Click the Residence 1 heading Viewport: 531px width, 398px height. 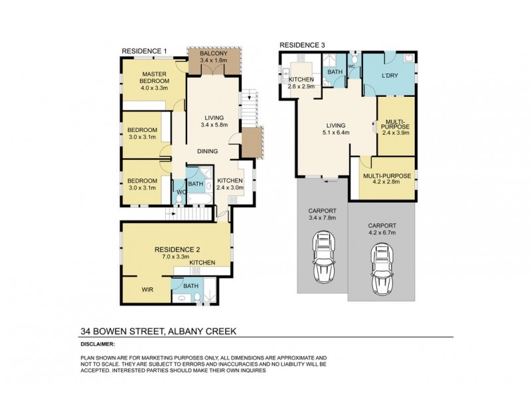point(144,51)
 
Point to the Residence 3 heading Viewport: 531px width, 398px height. point(302,45)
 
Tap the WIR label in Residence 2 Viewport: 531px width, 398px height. point(147,289)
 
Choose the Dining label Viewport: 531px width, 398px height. point(207,151)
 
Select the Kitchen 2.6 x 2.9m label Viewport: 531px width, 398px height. point(301,83)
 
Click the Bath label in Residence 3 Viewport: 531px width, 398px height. point(334,71)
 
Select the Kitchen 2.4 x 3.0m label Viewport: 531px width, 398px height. point(230,184)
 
